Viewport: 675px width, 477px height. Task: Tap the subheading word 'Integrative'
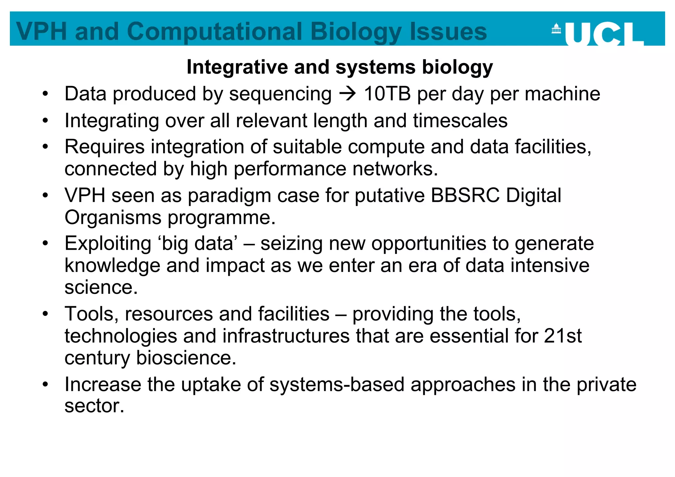click(x=237, y=67)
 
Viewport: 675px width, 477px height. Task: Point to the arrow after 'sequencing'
click(x=348, y=94)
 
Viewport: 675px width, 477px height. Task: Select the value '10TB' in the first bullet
click(x=387, y=94)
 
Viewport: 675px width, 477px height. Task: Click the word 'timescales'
click(x=460, y=121)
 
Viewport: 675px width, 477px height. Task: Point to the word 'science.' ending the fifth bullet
click(x=101, y=287)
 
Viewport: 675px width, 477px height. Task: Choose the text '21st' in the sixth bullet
click(x=563, y=336)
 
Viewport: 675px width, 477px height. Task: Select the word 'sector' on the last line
click(x=94, y=406)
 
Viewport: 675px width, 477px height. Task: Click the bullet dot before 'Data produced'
click(x=45, y=94)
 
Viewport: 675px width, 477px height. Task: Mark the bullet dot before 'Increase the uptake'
click(x=45, y=384)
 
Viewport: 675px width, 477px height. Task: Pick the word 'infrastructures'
click(x=286, y=336)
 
